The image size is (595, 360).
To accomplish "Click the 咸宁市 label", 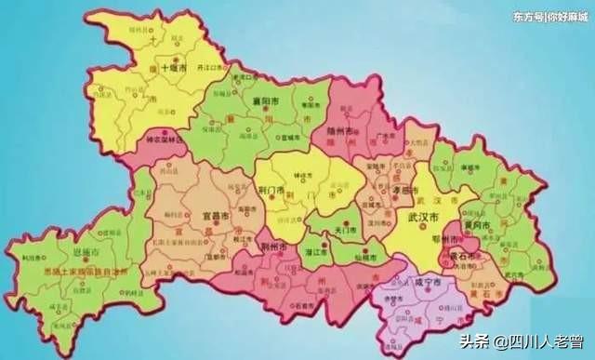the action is (x=431, y=280).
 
